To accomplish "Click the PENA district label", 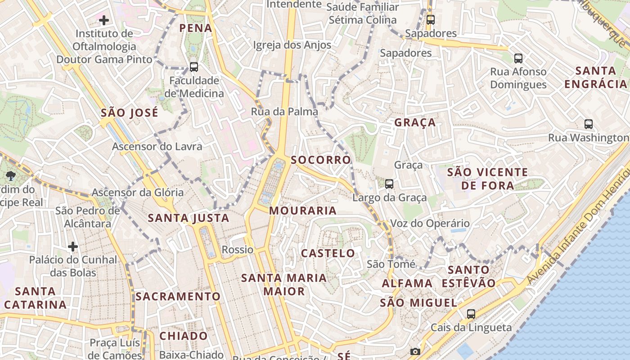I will [195, 28].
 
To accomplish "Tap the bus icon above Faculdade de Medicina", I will [194, 67].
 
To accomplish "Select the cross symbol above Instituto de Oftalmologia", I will [104, 20].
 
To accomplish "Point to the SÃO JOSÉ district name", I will [130, 112].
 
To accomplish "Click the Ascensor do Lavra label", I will [157, 146].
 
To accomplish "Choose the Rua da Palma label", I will [284, 112].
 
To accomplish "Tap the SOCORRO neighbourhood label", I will [320, 160].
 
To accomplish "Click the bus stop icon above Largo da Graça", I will [389, 184].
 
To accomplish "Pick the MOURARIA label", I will [303, 211].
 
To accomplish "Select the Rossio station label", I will [238, 249].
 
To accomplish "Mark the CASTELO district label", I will [328, 253].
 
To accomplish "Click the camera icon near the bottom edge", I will [415, 351].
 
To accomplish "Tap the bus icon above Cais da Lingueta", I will [471, 314].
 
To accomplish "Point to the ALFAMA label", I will [407, 283].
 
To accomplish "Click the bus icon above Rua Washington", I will [589, 124].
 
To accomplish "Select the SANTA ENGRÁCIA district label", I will [596, 77].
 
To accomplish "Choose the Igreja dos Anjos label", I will [292, 45].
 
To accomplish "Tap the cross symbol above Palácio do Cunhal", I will [73, 247].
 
